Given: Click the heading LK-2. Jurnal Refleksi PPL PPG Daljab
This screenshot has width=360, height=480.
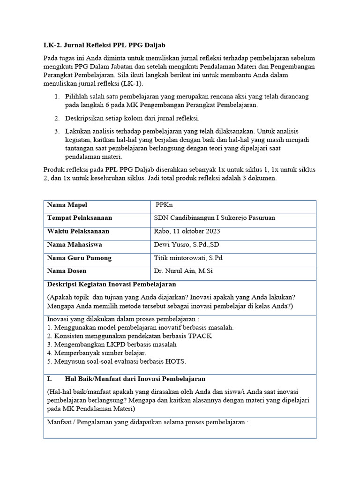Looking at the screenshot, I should click(105, 45).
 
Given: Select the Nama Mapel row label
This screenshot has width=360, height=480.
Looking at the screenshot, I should click(67, 205).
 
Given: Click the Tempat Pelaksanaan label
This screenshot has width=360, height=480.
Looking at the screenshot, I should click(79, 218).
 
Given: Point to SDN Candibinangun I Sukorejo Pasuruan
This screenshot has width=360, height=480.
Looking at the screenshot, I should click(215, 218).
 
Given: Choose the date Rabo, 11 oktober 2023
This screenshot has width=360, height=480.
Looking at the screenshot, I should click(187, 231).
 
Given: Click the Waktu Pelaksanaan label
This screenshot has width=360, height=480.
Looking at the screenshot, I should click(78, 231).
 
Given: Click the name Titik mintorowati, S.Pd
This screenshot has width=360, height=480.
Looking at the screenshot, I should click(188, 258).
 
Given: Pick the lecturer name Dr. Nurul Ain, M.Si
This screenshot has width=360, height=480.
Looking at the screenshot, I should click(183, 271).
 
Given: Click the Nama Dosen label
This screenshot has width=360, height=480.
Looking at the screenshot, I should click(67, 271).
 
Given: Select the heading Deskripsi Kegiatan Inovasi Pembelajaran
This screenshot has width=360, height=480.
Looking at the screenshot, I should click(112, 285).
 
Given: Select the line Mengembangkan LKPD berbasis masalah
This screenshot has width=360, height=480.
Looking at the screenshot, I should click(112, 345).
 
